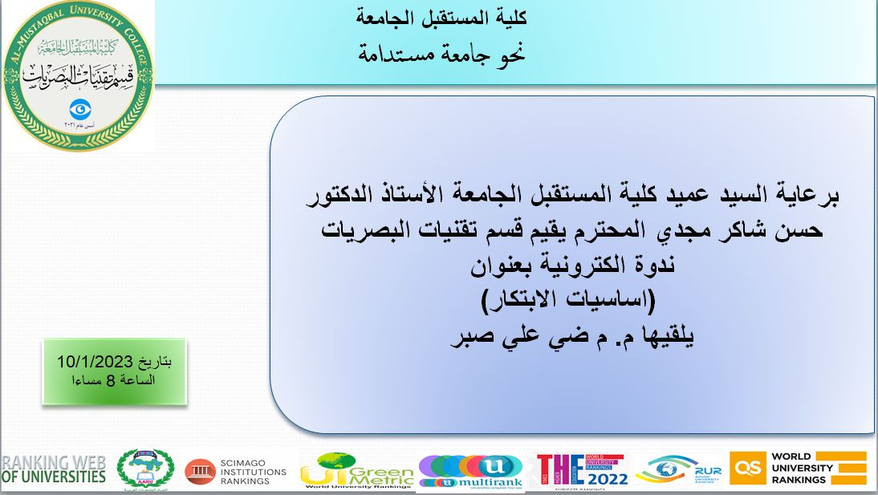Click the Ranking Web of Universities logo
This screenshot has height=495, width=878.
[54, 469]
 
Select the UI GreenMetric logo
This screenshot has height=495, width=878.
[356, 471]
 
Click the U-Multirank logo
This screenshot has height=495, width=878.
[471, 472]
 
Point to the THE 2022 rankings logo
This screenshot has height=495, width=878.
[583, 470]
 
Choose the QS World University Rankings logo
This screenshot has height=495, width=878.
[798, 468]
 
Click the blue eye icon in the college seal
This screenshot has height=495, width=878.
[78, 108]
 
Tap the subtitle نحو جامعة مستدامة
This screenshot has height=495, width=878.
[441, 55]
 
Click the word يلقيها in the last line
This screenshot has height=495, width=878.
[663, 335]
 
